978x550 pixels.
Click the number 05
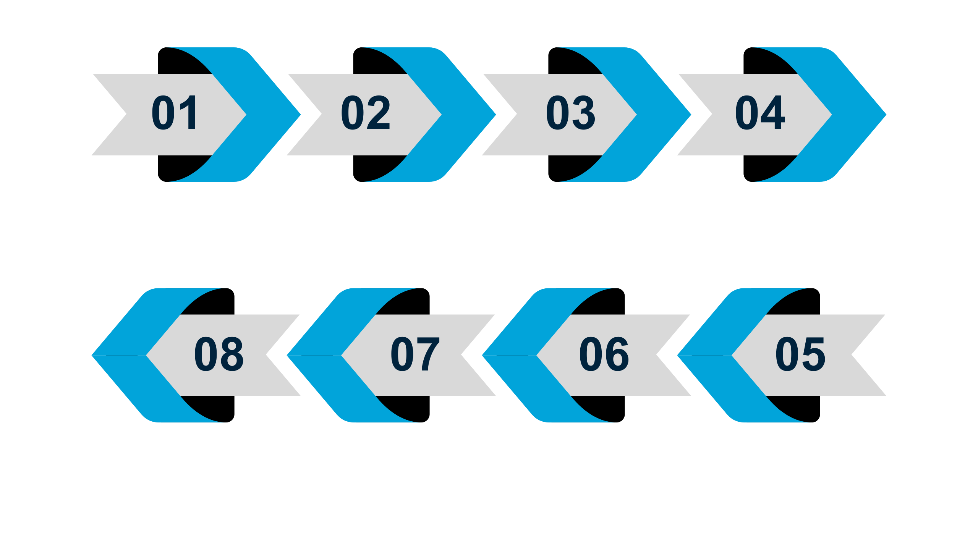[x=800, y=354]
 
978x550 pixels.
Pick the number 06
[x=604, y=354]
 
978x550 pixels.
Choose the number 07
[x=415, y=354]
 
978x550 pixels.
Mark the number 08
[x=219, y=354]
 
